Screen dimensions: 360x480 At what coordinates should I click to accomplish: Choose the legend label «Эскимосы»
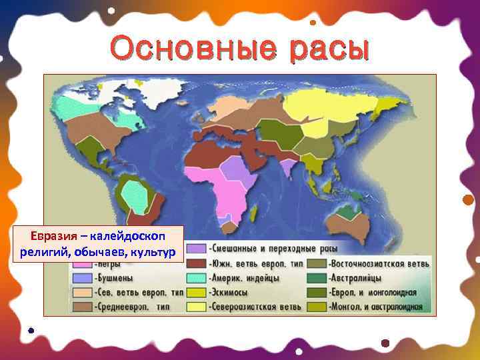pyautogui.click(x=229, y=292)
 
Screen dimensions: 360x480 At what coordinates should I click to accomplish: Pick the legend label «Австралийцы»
pyautogui.click(x=359, y=278)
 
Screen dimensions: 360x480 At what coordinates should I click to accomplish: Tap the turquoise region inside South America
pyautogui.click(x=137, y=194)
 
